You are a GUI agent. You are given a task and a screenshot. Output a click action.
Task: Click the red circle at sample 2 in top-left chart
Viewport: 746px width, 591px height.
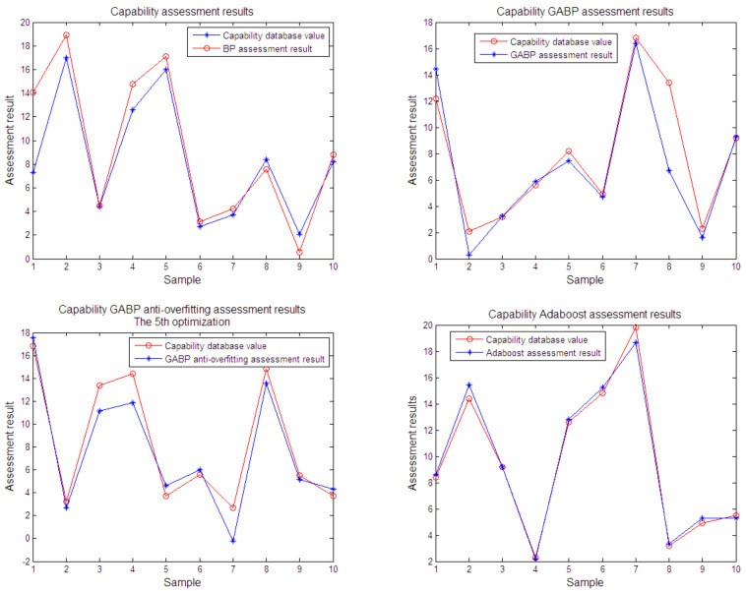point(66,35)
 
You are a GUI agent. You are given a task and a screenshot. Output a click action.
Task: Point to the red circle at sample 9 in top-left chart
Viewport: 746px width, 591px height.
point(298,252)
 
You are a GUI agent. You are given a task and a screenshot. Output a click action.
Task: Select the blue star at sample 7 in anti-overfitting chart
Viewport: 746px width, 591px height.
point(231,541)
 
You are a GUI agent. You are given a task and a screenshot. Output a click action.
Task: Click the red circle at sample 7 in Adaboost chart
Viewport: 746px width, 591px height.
point(635,327)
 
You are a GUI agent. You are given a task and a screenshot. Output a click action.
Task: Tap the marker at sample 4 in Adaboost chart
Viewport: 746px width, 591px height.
point(534,558)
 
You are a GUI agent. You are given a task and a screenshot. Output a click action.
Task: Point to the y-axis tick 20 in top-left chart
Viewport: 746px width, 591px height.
point(22,20)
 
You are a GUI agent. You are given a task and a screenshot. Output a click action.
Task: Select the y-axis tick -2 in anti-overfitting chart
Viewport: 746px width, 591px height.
point(22,561)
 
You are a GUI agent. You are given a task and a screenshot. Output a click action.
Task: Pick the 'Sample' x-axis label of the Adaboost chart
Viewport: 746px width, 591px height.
point(585,583)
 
